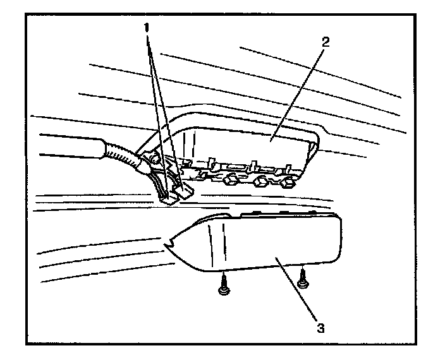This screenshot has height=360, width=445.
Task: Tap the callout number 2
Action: tap(326, 43)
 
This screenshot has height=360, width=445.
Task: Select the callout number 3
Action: tap(321, 328)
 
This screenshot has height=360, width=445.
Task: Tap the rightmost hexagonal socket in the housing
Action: tap(288, 183)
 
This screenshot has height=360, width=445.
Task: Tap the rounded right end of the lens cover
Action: tap(338, 240)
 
